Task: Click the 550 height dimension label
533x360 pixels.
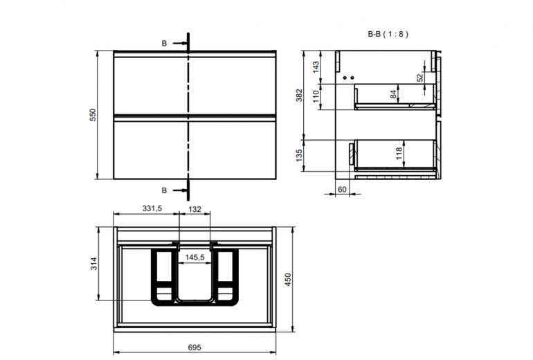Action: click(93, 115)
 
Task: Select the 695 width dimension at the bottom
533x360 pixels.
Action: click(195, 348)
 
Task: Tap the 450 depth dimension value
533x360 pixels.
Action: click(288, 280)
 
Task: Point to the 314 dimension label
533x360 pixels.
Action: click(94, 264)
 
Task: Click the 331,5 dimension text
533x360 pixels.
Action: click(152, 208)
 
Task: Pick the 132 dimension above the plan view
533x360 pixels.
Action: click(195, 209)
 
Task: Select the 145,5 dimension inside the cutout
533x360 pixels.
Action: click(195, 258)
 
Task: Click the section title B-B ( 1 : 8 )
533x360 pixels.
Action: click(388, 34)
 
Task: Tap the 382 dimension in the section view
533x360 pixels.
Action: click(299, 95)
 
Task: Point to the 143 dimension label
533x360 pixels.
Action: click(316, 67)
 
